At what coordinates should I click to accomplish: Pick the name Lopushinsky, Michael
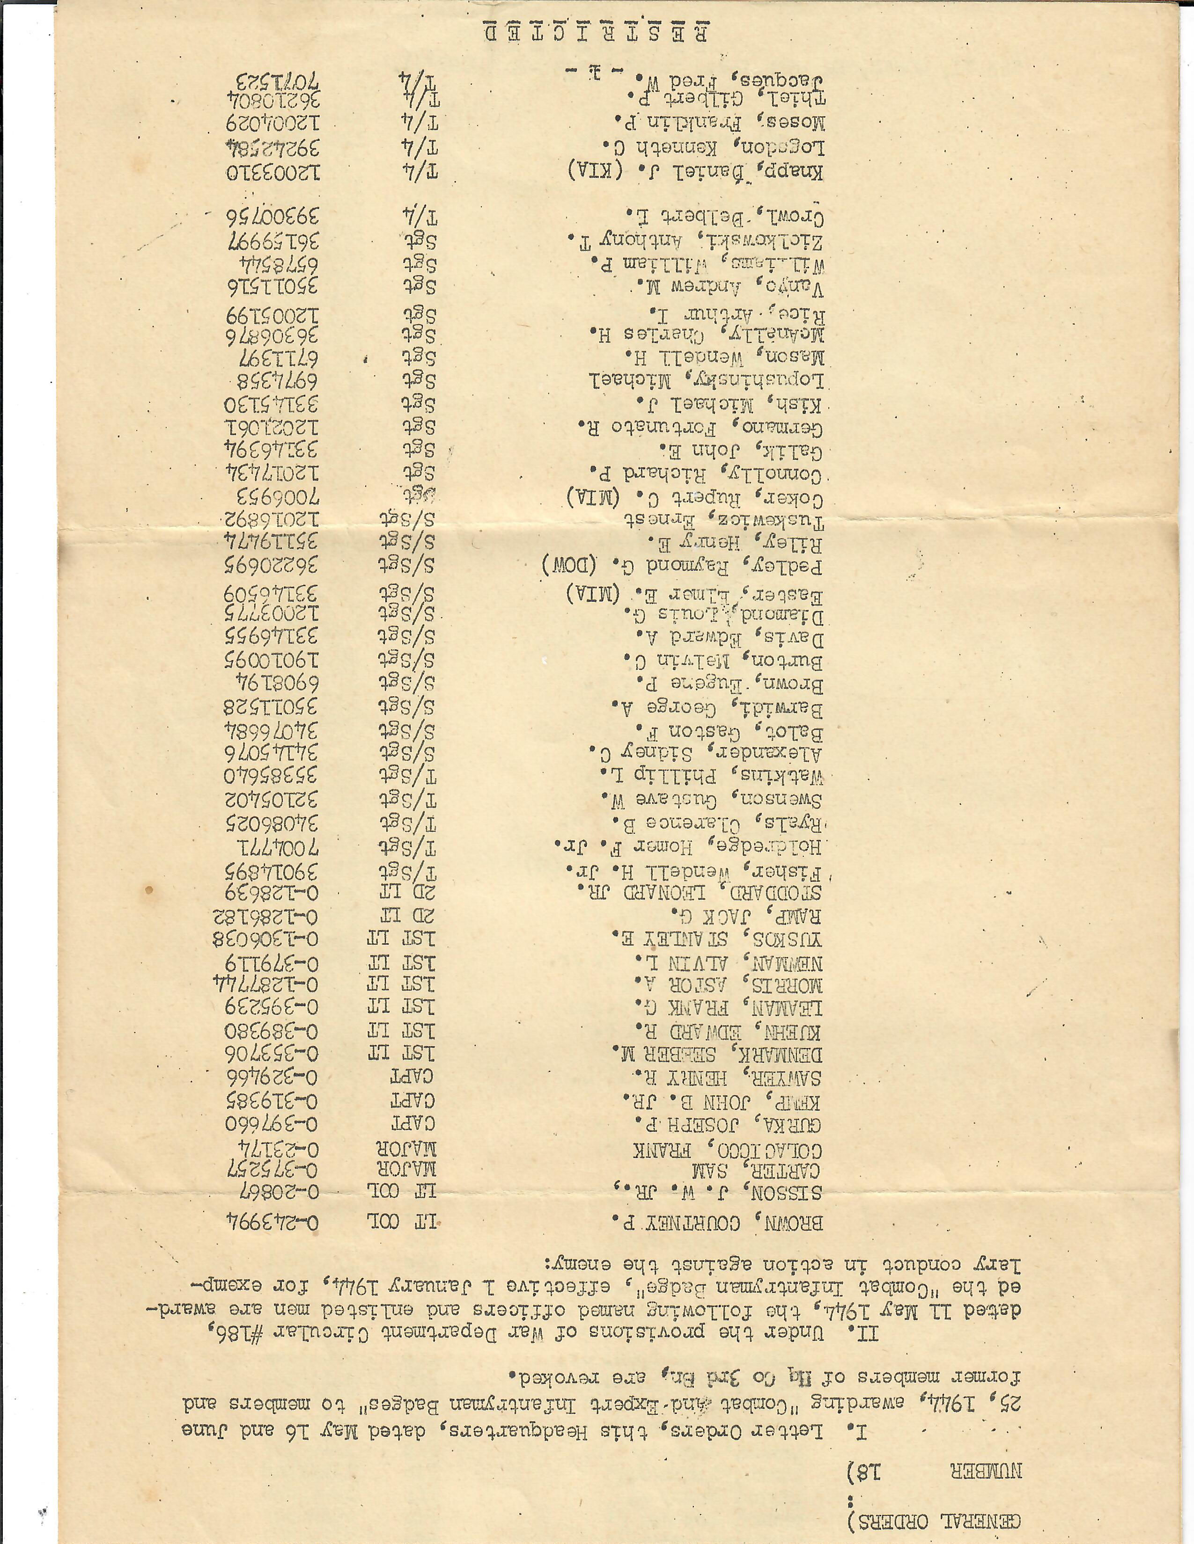pos(708,382)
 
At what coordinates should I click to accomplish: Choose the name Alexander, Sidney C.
pos(708,751)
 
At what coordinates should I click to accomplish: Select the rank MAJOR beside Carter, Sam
pos(402,1168)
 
